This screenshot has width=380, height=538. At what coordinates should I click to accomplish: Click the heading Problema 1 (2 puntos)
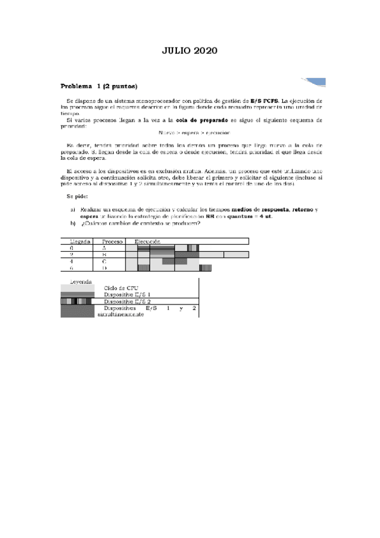[99, 86]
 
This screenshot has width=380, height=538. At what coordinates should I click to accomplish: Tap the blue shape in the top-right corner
[315, 82]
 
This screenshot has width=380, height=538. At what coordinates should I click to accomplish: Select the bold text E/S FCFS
[265, 101]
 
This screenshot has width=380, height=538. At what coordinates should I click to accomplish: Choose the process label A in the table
[103, 248]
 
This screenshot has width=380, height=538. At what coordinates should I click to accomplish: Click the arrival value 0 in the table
[72, 248]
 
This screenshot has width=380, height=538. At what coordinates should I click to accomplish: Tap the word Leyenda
[80, 281]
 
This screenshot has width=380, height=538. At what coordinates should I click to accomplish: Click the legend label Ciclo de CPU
[123, 288]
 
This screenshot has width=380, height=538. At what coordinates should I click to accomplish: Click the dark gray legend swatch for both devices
[76, 312]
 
